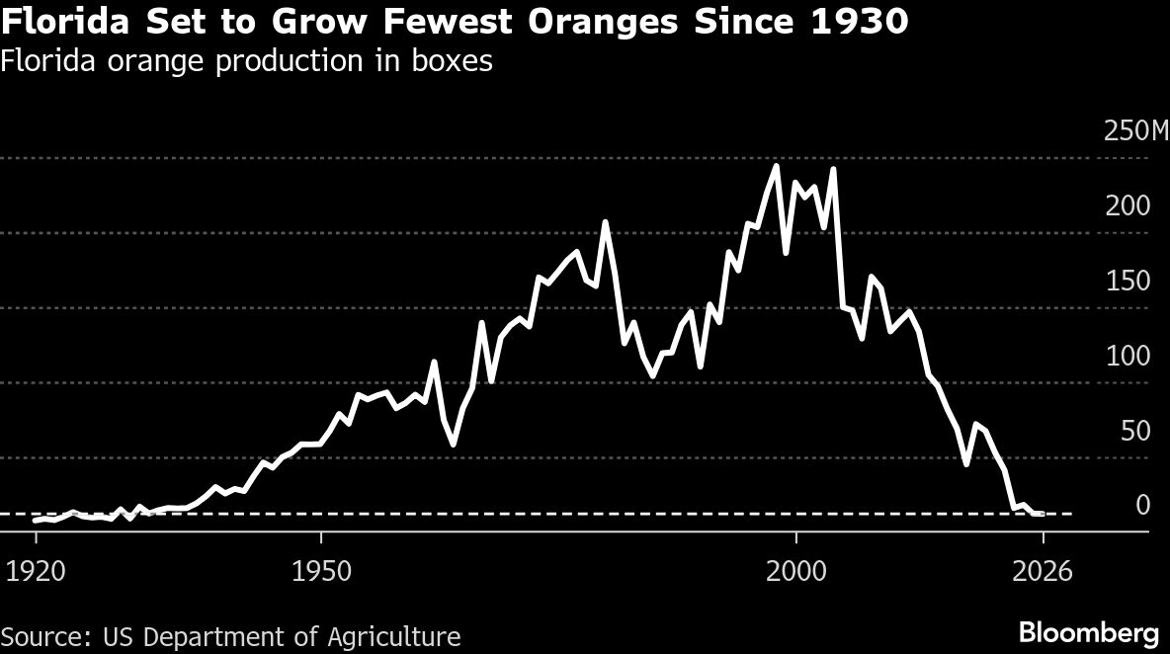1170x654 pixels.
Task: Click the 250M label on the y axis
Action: coord(1134,131)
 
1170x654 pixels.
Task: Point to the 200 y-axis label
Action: coord(1128,206)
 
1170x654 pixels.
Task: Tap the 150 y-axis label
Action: coord(1128,282)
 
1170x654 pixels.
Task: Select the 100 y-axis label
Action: coord(1128,357)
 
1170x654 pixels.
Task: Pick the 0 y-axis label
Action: coord(1142,506)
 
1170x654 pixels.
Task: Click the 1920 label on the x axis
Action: coord(37,572)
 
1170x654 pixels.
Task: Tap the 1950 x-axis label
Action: coord(321,572)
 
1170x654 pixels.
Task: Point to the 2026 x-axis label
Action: coord(1042,572)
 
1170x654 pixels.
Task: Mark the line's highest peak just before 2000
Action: coord(776,166)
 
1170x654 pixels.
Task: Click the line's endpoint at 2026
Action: coord(1042,514)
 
